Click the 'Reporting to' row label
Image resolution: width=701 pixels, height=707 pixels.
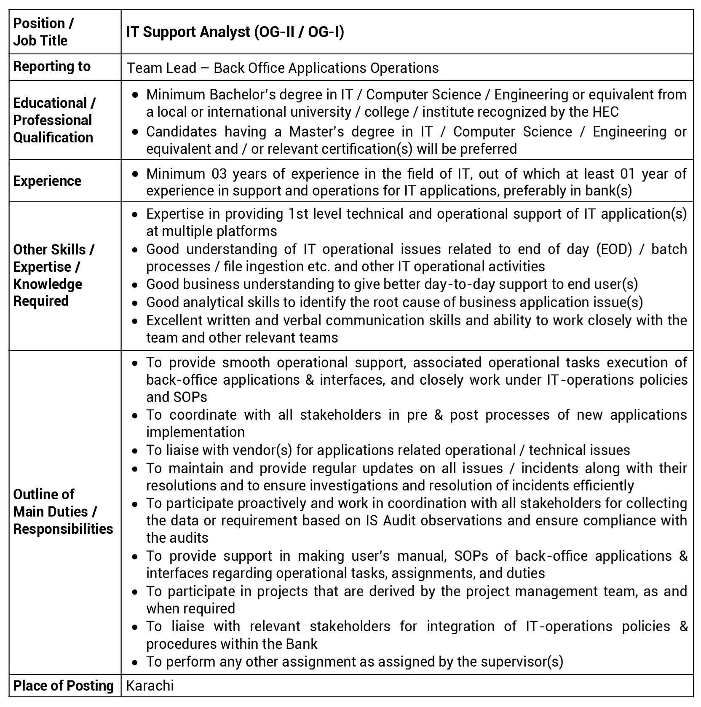point(52,67)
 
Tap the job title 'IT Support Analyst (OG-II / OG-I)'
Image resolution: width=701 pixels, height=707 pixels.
point(235,32)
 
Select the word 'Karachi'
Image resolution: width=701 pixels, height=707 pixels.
point(150,686)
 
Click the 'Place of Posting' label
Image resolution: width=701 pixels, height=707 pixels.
point(63,686)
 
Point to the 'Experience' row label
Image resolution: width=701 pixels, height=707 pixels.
point(47,181)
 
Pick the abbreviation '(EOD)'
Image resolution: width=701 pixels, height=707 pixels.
point(614,249)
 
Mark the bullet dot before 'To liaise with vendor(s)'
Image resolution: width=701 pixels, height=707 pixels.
point(135,451)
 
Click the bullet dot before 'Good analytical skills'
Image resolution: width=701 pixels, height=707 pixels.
point(135,303)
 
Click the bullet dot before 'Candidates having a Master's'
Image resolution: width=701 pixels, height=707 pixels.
point(135,132)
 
